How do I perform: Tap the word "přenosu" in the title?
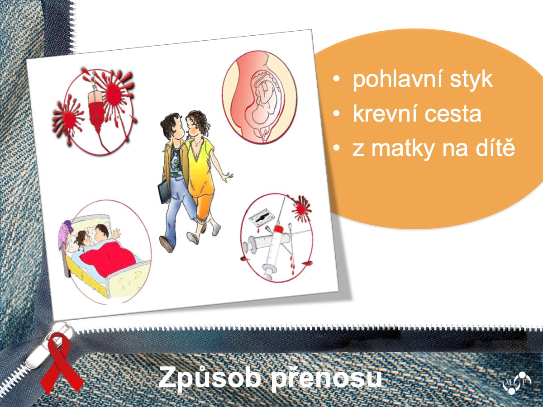[x=326, y=378]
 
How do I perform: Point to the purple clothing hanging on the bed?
[x=65, y=232]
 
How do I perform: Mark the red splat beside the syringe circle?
[x=301, y=208]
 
